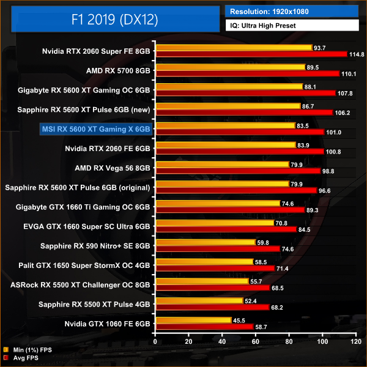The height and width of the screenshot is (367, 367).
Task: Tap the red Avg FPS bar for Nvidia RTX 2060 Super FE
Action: click(x=251, y=54)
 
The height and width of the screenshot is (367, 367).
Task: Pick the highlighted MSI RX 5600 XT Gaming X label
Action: click(x=95, y=129)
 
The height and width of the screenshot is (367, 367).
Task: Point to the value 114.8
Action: click(x=356, y=54)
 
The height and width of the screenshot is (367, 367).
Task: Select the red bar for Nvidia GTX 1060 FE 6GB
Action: click(x=204, y=327)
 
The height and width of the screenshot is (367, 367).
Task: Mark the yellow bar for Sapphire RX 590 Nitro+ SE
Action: click(x=206, y=242)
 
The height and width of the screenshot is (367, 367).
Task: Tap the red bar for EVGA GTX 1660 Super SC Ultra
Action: click(x=226, y=229)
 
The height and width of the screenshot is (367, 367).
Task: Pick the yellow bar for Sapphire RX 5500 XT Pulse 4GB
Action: click(x=199, y=300)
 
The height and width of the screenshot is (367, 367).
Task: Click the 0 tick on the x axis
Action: click(x=156, y=342)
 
